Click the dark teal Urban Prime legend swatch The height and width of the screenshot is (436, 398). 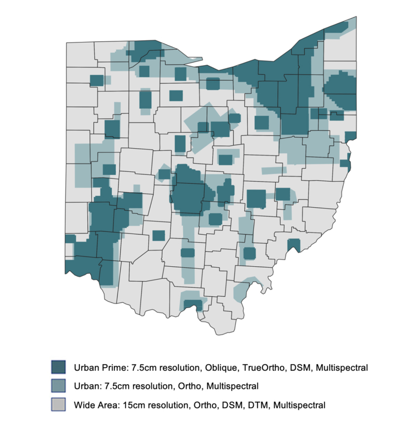coord(58,367)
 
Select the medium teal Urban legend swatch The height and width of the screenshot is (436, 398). coord(58,386)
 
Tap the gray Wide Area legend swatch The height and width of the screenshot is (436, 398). coord(58,405)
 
